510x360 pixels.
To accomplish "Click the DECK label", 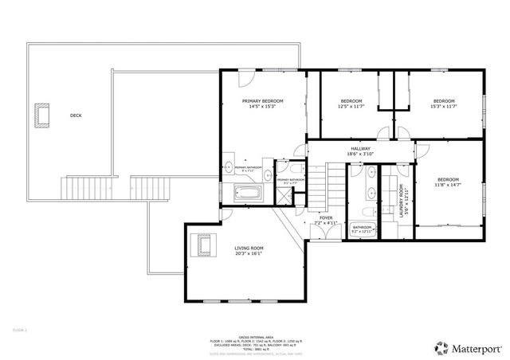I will point(76,115).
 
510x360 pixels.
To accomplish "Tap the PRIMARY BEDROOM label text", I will point(261,101).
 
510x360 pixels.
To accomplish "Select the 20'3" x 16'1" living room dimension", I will point(249,255).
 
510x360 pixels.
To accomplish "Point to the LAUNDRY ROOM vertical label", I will point(401,202).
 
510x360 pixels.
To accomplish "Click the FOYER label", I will point(326,217).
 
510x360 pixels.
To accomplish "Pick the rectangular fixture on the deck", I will point(41,115).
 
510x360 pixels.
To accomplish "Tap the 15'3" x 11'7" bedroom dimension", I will point(443,106).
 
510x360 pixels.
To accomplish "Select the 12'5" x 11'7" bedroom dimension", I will point(351,106).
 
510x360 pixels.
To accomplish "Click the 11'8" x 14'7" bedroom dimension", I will point(448,185).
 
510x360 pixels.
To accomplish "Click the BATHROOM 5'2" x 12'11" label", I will point(363,229).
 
